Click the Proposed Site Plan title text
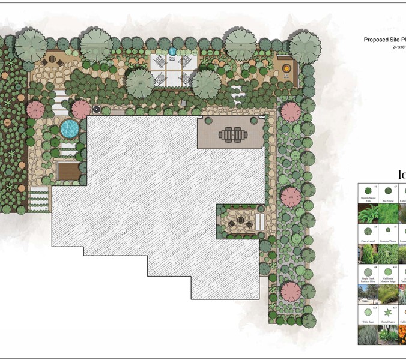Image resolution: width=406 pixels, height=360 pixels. [384, 40]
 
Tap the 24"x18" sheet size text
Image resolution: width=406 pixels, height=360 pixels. [399, 47]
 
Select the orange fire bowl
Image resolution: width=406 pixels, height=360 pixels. [286, 67]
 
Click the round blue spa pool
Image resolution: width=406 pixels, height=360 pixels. [69, 128]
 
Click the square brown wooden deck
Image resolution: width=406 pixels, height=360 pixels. [67, 172]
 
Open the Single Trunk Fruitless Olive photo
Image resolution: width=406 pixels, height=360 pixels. [368, 293]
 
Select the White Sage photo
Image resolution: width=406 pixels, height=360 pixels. [368, 334]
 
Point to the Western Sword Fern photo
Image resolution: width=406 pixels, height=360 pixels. [368, 214]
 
